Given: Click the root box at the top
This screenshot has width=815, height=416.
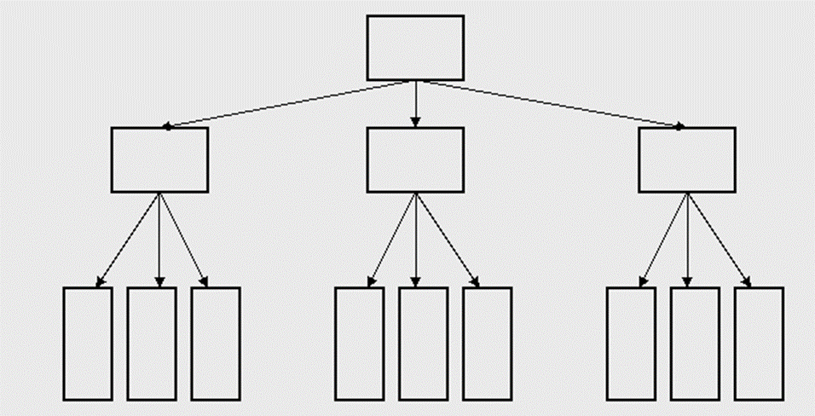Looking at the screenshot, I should click(415, 48).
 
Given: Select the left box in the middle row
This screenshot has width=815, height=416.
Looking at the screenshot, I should click(159, 159).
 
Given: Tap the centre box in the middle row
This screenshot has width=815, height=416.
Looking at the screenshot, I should click(415, 159).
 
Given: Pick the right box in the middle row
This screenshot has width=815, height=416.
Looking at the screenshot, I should click(686, 159).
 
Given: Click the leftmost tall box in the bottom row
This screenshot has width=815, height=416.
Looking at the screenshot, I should click(88, 344).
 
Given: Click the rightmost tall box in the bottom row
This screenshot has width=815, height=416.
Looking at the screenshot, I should click(759, 344).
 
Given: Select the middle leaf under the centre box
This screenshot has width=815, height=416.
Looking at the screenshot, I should click(423, 344).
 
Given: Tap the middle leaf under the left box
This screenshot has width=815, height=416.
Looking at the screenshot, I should click(152, 344).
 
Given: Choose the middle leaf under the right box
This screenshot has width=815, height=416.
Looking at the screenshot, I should click(695, 344).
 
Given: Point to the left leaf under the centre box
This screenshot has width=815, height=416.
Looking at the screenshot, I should click(359, 344).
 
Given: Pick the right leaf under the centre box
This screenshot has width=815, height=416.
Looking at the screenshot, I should click(487, 344).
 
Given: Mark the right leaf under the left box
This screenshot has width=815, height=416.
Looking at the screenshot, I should click(215, 344).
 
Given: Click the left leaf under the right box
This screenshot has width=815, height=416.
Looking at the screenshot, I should click(631, 344).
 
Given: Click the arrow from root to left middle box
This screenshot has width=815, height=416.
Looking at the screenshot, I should click(290, 104).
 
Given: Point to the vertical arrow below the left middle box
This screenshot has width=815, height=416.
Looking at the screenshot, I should click(159, 239).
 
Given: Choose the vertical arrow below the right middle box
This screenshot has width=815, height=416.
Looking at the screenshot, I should click(687, 239).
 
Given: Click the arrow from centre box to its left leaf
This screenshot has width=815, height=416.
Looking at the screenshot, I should click(392, 239).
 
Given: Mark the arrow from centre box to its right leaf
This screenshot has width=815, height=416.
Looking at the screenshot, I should click(446, 239).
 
